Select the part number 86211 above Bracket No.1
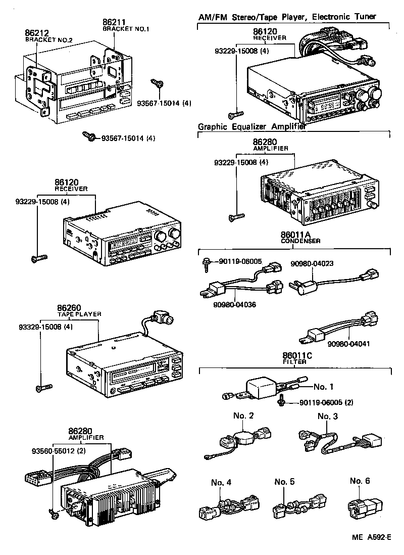point(114,22)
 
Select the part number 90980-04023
point(312,263)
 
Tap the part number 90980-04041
point(348,344)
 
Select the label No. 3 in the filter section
point(327,416)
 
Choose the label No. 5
point(285,482)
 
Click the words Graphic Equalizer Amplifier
point(251,127)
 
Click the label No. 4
point(221,482)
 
